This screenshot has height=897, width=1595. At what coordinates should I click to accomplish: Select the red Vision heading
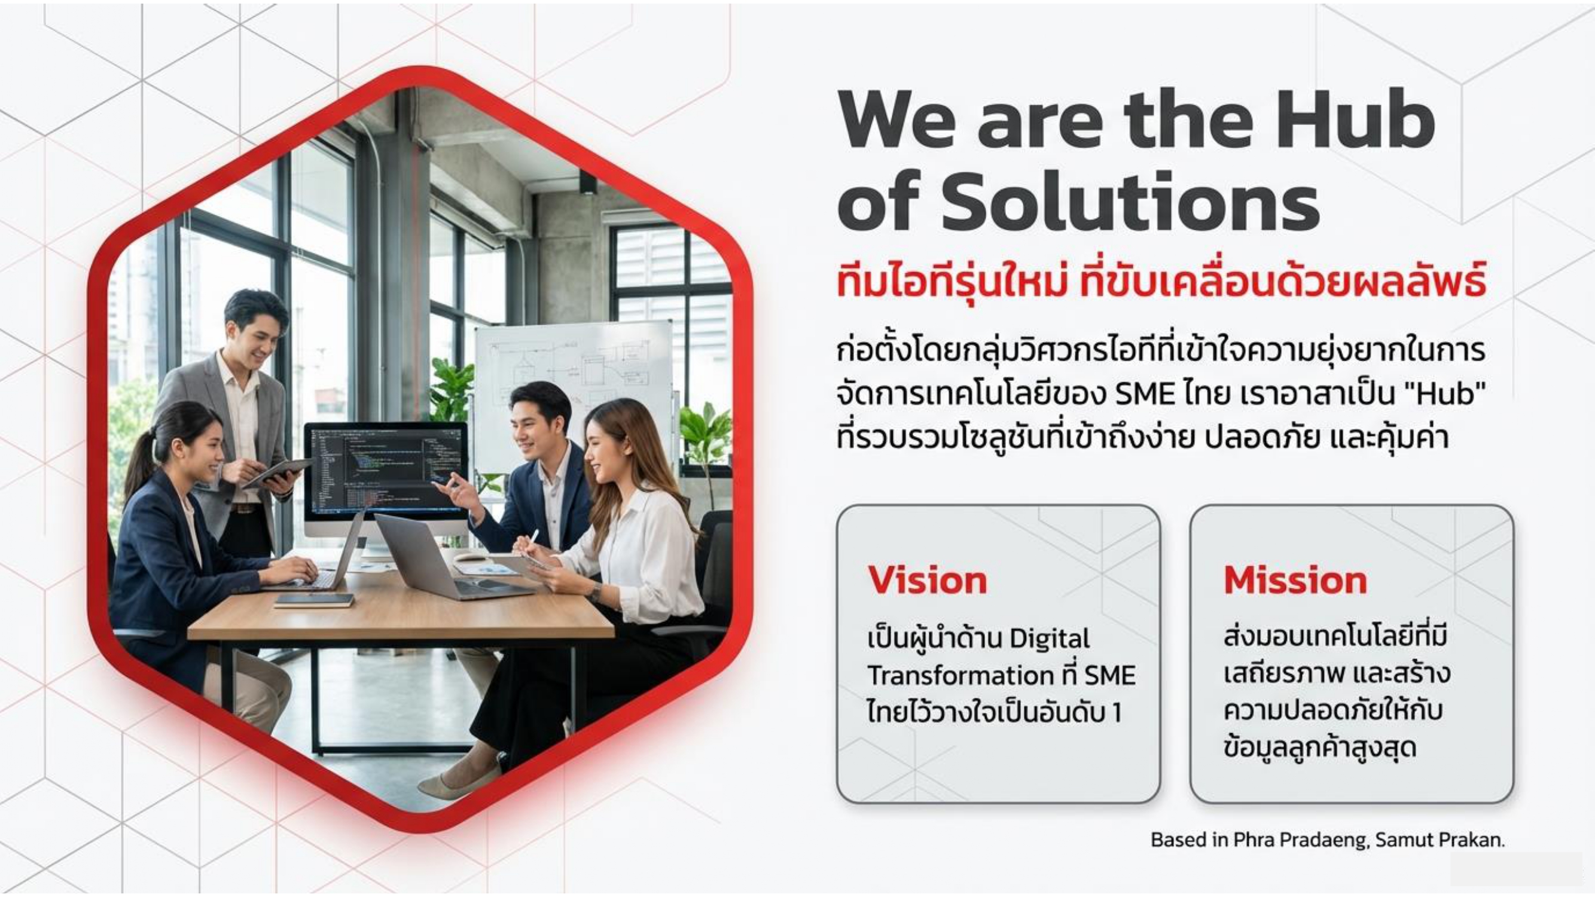click(928, 580)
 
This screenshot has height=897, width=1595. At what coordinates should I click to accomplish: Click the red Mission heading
click(1295, 580)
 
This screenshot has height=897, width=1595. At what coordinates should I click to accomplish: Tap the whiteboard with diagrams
click(573, 384)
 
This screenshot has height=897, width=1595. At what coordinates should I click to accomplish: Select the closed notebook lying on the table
click(315, 600)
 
